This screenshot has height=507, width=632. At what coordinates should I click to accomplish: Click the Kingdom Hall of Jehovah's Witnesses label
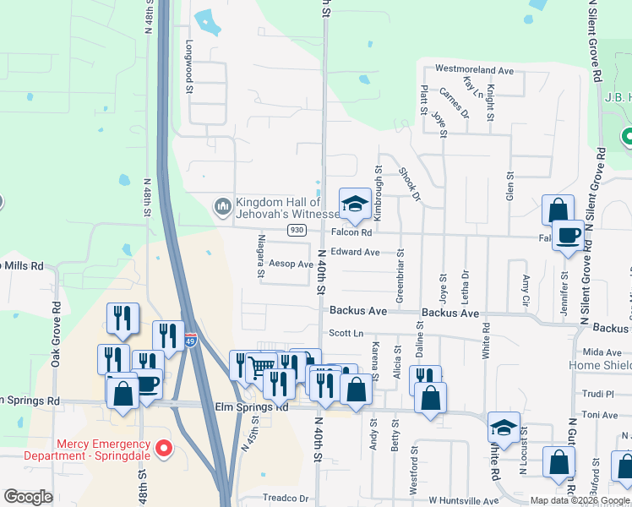coord(279,208)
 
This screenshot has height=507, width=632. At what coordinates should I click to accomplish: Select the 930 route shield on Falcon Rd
coord(296,230)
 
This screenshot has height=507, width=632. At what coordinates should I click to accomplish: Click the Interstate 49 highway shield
coord(191,340)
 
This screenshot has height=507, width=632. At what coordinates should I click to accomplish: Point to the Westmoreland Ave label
coord(474,70)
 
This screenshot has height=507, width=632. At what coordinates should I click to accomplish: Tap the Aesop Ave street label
coord(293,264)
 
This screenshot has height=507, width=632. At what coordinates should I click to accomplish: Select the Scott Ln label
coord(346,333)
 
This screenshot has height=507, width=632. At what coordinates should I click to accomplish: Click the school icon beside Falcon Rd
coord(355,204)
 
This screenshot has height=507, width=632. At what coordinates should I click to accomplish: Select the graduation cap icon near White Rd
coord(504,428)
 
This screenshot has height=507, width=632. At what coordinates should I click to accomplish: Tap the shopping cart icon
coord(262,367)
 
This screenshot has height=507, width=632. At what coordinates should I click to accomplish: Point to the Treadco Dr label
coord(286,499)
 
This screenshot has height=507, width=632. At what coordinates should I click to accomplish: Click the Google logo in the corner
coord(28,497)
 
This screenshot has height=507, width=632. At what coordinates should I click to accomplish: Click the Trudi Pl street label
coord(598,394)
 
